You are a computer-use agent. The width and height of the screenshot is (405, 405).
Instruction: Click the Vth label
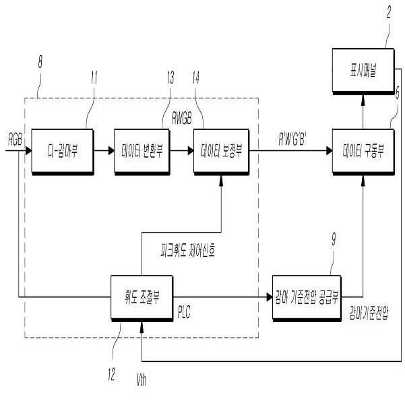tap(140, 381)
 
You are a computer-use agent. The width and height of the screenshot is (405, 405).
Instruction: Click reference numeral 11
tap(93, 77)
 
